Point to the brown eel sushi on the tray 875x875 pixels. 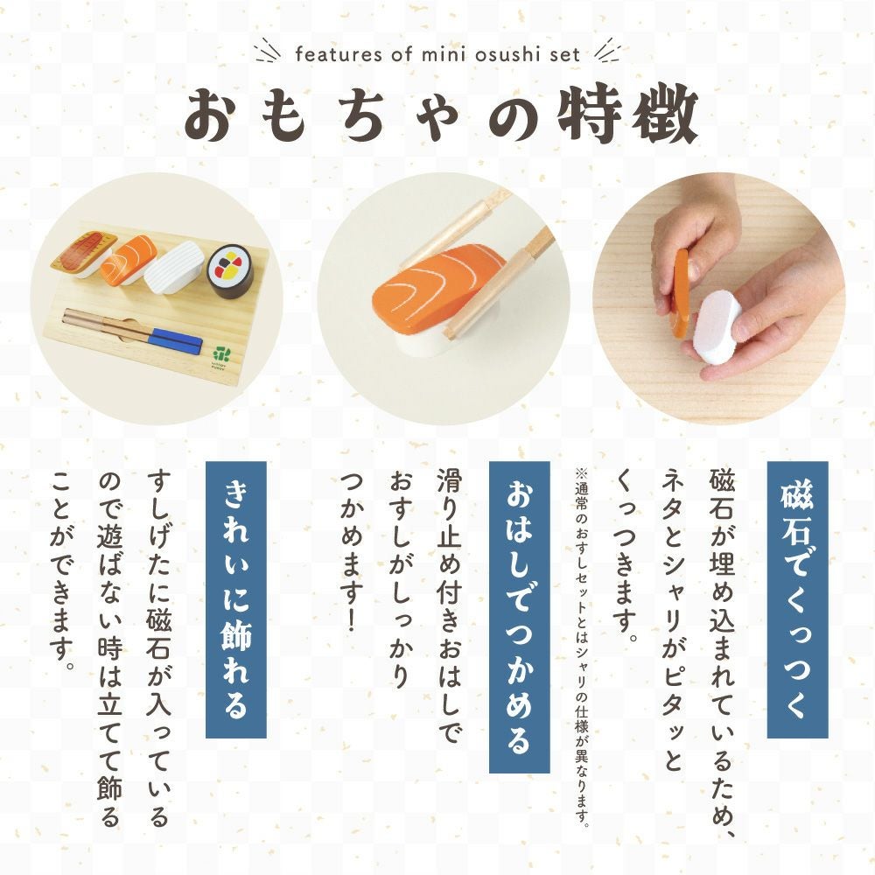click(85, 255)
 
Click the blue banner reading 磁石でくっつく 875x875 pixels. click(797, 599)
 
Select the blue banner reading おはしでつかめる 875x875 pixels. click(520, 617)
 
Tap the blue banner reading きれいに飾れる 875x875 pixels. click(236, 599)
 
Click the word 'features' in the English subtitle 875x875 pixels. click(338, 54)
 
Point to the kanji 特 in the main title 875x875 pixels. click(591, 115)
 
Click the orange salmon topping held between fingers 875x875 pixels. click(682, 294)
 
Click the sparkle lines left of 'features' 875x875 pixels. click(267, 52)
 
